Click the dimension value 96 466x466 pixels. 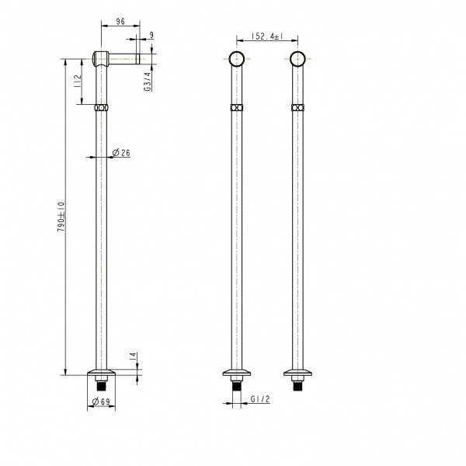tap(120, 22)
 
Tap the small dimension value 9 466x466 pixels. tap(151, 35)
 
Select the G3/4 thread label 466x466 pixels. tap(148, 82)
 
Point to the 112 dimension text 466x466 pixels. tap(77, 81)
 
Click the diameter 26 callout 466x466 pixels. tap(121, 153)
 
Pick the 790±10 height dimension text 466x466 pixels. tap(61, 217)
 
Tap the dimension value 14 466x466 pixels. tap(133, 356)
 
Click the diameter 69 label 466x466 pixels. tap(101, 402)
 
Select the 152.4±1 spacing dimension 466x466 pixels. tap(267, 37)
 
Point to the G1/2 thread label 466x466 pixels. tap(260, 399)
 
